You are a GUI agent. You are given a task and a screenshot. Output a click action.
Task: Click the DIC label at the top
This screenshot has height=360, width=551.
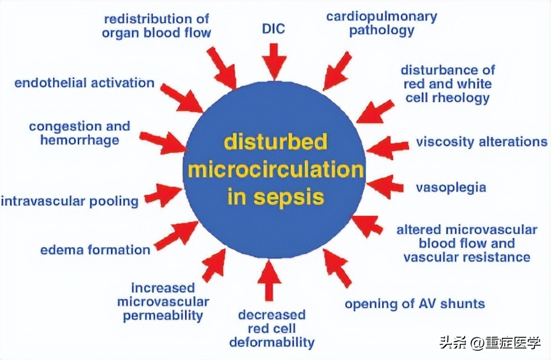point(274,28)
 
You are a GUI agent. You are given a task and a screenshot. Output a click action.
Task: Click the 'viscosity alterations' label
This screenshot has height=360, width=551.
point(481,142)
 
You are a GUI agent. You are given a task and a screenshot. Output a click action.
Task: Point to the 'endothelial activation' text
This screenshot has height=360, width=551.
point(84,83)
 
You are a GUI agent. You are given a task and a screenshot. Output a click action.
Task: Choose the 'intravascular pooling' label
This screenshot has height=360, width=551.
point(69,201)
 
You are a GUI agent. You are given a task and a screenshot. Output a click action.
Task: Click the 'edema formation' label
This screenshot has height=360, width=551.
point(95,250)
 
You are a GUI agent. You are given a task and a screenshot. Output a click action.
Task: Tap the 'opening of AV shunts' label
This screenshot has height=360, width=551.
point(414,303)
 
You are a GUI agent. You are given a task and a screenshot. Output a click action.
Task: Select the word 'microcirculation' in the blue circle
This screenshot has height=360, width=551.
point(275,170)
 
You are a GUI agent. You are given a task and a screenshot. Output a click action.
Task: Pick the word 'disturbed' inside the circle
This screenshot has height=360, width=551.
point(274,142)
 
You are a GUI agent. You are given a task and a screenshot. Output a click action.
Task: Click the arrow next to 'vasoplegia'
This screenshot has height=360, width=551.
point(387,186)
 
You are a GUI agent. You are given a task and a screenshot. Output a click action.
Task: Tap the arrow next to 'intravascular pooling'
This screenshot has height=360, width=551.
point(162,195)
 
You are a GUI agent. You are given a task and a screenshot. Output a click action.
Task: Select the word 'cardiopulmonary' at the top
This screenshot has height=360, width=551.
point(381,15)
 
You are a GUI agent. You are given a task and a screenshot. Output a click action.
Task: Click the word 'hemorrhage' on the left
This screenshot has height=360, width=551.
point(79,140)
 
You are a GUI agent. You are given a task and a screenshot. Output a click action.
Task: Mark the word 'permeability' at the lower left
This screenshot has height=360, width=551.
point(163,316)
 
